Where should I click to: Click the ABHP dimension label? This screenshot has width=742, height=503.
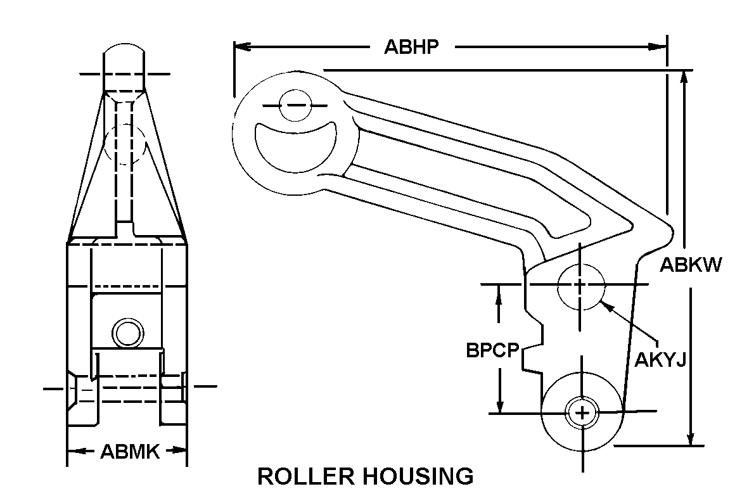coord(411,47)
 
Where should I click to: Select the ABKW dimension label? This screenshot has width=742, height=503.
coord(691,264)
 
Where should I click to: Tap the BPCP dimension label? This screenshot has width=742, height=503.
coord(493,350)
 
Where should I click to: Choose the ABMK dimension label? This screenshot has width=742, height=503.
coord(130,451)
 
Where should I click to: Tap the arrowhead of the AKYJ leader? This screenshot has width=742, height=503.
coord(604,305)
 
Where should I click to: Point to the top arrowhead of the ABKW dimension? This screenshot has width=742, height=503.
coord(685,75)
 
